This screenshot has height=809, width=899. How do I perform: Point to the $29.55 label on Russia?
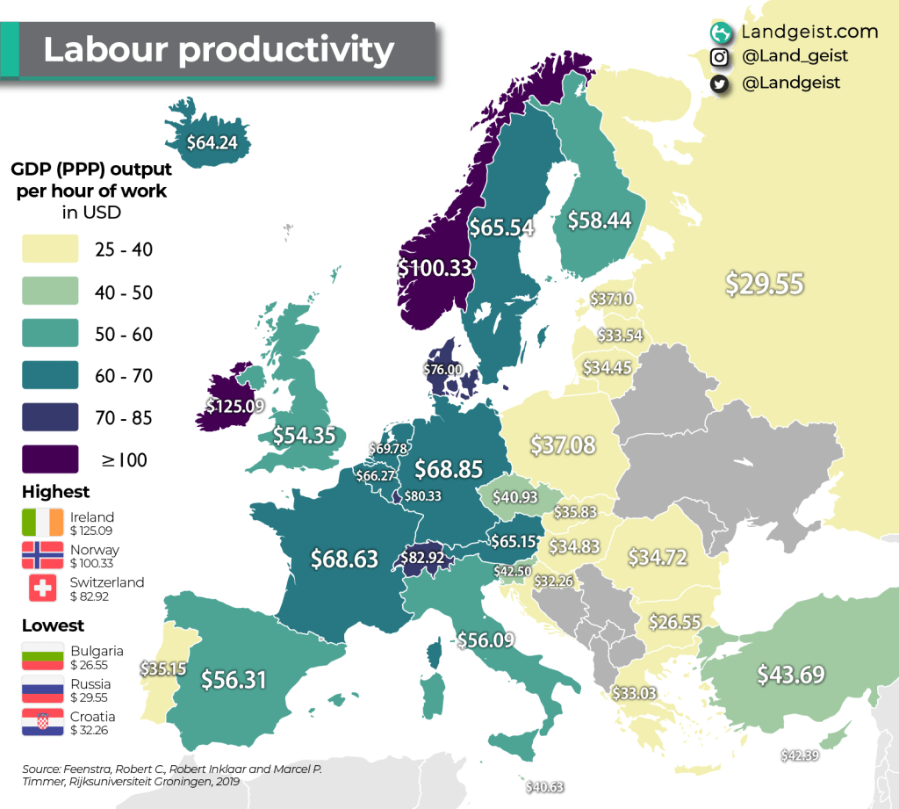tap(765, 283)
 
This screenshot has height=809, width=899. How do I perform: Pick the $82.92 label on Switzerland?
tap(428, 557)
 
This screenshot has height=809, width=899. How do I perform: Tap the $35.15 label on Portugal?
tap(162, 668)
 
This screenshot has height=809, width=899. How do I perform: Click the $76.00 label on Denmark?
tap(442, 370)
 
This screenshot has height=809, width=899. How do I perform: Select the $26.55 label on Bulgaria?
tap(674, 622)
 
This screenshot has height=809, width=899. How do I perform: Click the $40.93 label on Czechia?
tap(514, 496)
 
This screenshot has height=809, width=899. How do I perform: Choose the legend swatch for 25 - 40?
tap(50, 249)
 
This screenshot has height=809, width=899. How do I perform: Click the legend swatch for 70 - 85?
tap(50, 417)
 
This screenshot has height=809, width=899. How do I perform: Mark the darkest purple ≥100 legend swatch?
tap(50, 459)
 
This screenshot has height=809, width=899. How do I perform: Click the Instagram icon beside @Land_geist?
tap(720, 57)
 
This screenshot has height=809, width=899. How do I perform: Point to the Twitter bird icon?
tap(720, 83)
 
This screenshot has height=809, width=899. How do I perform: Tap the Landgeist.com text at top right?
tap(809, 32)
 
